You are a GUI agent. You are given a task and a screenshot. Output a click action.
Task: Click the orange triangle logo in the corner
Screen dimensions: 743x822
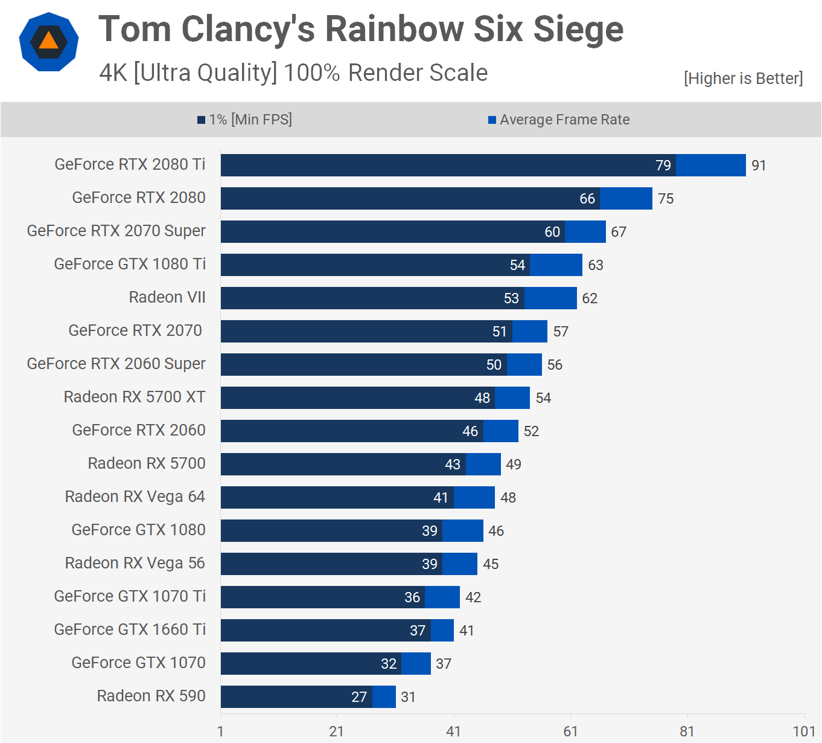49,42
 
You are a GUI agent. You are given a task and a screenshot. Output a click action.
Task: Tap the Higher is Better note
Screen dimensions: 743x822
743,79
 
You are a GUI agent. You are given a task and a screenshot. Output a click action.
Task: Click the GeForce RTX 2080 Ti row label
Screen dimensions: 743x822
130,164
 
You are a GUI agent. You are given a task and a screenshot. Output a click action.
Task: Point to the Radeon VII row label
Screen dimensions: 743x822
167,297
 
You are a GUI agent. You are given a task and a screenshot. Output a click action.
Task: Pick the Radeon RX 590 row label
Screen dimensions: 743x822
151,696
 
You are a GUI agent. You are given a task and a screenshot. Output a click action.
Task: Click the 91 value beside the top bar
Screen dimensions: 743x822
759,166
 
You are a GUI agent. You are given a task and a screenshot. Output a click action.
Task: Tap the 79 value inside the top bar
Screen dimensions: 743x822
663,166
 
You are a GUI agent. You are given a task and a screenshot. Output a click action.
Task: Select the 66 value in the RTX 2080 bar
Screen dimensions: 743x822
587,199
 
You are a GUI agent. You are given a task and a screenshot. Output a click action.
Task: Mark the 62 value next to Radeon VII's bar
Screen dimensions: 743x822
590,298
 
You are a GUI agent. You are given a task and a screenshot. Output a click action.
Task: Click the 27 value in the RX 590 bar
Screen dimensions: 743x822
359,697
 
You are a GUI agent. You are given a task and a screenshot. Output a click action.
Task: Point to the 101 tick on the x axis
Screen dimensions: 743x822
804,732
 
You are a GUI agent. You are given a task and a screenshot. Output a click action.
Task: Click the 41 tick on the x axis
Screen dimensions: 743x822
453,732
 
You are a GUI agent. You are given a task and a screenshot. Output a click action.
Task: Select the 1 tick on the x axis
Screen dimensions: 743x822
220,732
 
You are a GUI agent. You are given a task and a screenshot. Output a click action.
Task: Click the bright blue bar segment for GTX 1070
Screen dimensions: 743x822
416,663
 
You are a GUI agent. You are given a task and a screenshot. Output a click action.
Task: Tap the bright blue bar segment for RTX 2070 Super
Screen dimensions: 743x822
585,231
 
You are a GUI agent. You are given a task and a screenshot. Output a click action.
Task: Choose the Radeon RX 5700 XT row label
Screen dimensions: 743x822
135,397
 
